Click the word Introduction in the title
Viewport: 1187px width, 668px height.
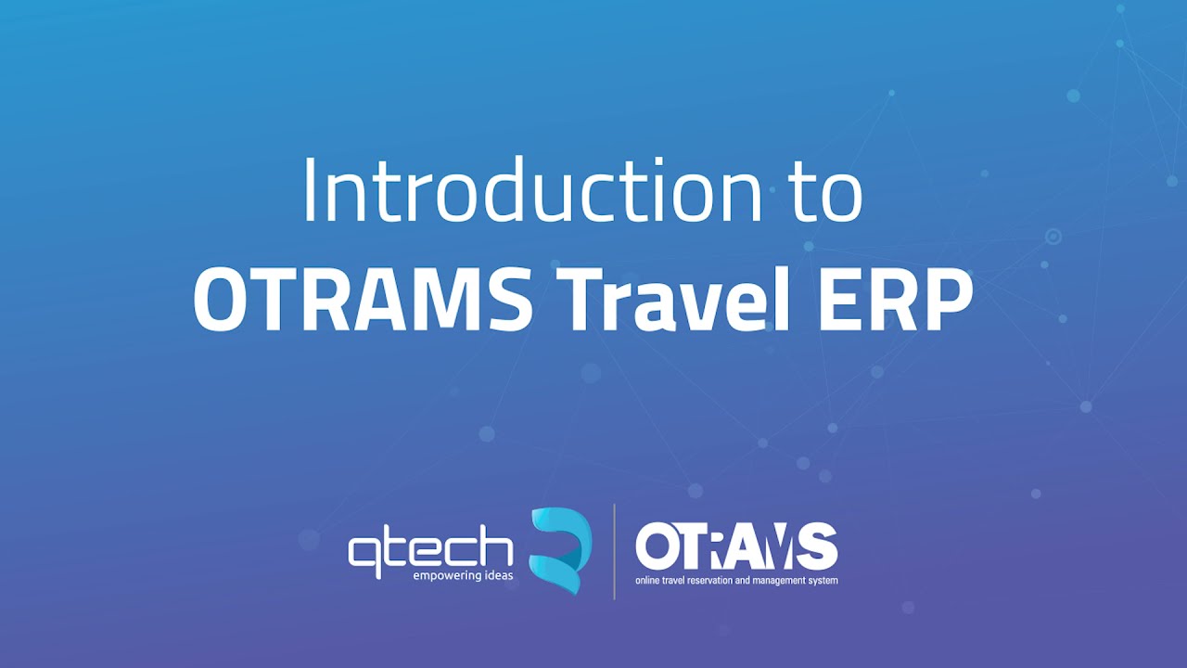(x=532, y=191)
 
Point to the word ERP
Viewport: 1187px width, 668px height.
(x=892, y=300)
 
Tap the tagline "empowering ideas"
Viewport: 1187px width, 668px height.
(x=464, y=576)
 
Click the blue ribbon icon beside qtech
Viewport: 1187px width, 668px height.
(x=560, y=549)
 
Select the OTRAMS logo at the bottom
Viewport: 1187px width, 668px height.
(x=736, y=547)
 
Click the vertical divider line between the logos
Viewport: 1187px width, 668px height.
(x=614, y=551)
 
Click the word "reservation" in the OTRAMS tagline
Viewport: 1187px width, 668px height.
(x=715, y=581)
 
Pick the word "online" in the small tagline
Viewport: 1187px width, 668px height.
(x=647, y=581)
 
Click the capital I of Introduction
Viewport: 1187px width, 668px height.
(x=309, y=191)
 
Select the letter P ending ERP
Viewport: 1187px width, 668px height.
(x=947, y=300)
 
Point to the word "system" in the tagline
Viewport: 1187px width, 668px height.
(x=824, y=581)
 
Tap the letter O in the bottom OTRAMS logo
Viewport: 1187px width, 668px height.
(x=657, y=547)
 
